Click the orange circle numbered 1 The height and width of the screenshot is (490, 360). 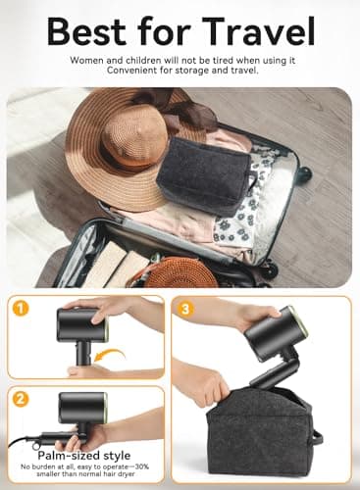pos(20,309)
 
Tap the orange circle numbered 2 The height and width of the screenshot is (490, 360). pos(20,400)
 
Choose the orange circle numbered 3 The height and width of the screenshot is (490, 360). pos(185,309)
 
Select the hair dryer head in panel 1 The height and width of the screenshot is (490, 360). pos(78,324)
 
